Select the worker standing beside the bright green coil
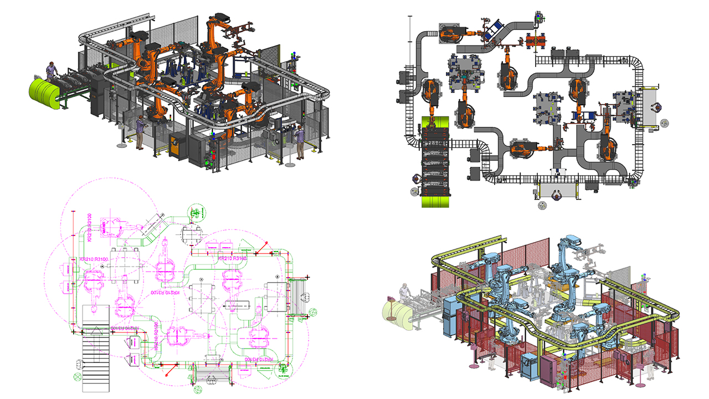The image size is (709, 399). pyautogui.click(x=52, y=72)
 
